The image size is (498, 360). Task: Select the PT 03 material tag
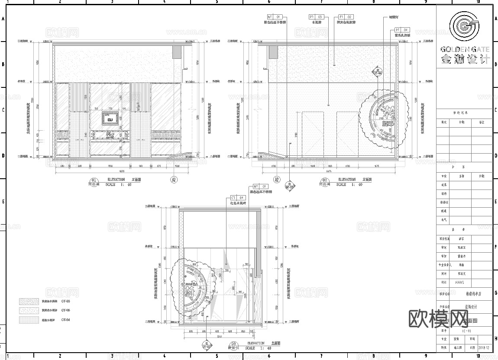pyautogui.click(x=316, y=17)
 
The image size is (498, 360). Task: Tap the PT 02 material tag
pyautogui.click(x=346, y=17)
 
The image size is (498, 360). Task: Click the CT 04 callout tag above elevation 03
pyautogui.click(x=238, y=197)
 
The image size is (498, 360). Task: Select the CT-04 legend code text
pyautogui.click(x=65, y=320)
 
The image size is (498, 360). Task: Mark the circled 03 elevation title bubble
pyautogui.click(x=233, y=345)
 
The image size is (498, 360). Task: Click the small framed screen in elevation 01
pyautogui.click(x=110, y=117)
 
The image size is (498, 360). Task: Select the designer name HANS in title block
pyautogui.click(x=459, y=283)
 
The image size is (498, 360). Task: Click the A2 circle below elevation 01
pyautogui.click(x=174, y=180)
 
